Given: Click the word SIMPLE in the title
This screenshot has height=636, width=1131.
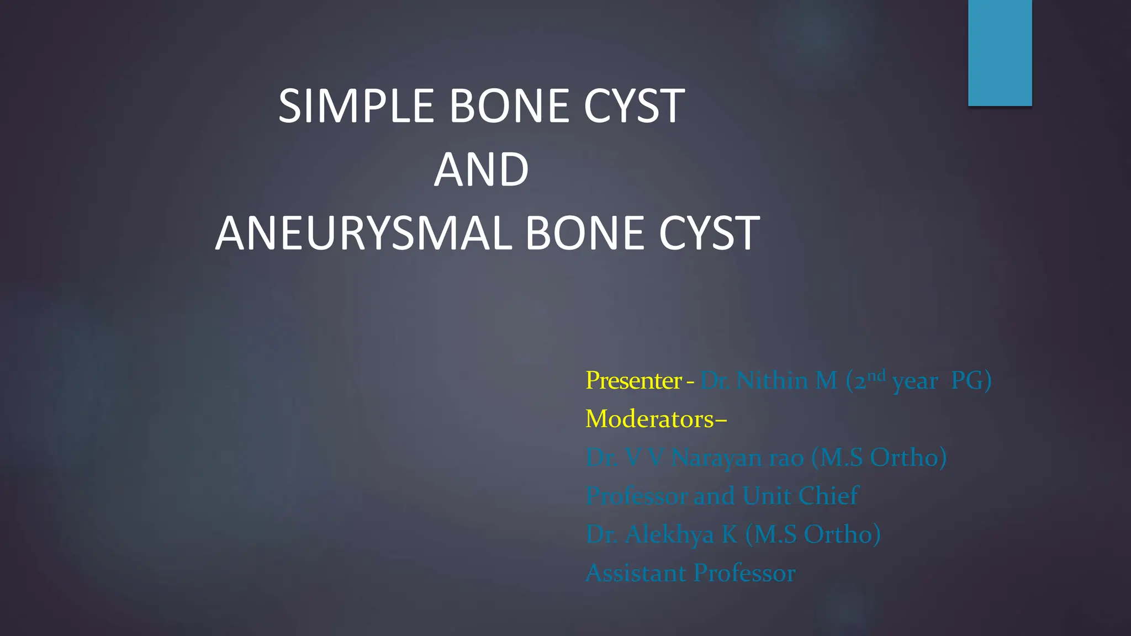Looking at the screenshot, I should [356, 106].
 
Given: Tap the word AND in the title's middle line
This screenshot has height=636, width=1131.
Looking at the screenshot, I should [481, 170].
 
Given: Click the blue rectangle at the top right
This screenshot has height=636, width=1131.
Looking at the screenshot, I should [1000, 52].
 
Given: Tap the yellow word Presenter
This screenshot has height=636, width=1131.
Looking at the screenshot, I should [633, 380].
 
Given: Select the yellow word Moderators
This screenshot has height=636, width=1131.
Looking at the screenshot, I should [650, 419].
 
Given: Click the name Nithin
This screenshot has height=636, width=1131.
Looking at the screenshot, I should [772, 380].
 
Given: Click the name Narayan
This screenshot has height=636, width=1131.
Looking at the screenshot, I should [716, 458].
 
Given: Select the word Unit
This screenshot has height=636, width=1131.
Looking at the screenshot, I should [767, 496].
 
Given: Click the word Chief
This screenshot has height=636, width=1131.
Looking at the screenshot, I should [828, 496].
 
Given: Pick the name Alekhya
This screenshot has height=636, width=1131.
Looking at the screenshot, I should [669, 534].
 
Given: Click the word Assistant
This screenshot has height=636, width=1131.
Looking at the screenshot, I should [635, 573].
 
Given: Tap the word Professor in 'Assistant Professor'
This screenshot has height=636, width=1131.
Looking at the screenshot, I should [744, 573].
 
